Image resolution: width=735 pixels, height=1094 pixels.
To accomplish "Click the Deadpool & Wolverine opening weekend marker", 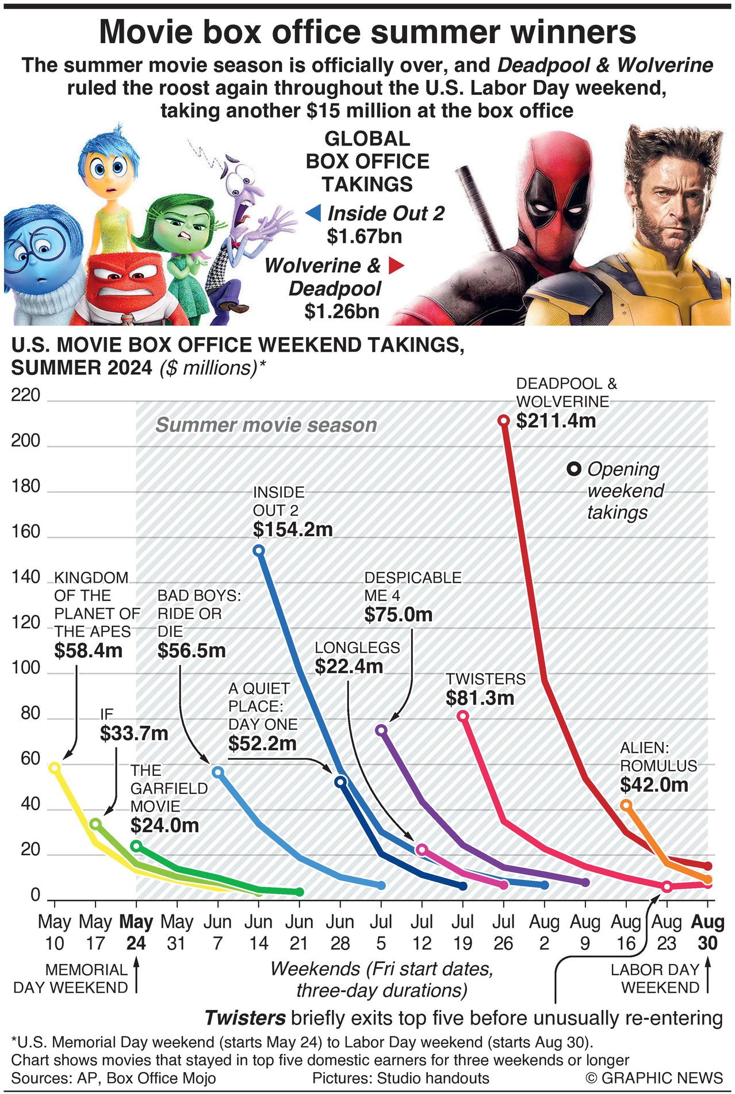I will coord(503,420).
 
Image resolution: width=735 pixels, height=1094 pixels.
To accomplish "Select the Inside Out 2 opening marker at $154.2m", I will coord(259,550).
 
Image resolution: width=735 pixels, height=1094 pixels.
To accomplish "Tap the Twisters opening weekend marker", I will coord(462,716).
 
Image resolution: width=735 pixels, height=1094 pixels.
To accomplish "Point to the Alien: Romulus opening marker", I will coord(626,805).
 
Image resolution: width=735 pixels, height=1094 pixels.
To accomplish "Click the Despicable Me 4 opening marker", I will coord(381,730).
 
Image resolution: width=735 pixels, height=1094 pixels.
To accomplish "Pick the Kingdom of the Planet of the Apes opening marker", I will coord(55,767).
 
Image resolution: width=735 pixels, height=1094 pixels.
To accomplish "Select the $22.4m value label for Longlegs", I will coord(349,667).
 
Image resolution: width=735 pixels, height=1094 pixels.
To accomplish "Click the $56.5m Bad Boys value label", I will coord(192,651).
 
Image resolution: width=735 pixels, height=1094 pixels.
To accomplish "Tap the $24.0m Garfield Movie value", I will coord(164,825).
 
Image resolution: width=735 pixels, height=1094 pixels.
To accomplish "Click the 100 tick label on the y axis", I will coord(26,668).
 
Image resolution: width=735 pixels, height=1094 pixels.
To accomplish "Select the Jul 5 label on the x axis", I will coord(381,932).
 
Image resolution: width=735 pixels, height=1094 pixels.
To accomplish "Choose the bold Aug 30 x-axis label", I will coord(707,932).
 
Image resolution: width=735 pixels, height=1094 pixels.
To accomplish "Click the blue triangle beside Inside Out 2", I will coord(313,213).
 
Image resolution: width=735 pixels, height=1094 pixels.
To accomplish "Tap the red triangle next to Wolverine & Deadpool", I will coord(396,266).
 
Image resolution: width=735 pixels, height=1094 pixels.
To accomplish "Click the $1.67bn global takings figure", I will coord(364,236).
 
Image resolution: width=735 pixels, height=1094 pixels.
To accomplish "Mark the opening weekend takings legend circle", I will coord(573,469).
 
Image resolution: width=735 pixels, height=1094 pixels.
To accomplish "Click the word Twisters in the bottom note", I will coord(245,1018).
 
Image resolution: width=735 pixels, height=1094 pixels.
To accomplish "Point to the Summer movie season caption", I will coord(266,425).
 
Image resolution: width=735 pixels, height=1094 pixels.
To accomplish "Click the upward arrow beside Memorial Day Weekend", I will coord(136,977).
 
